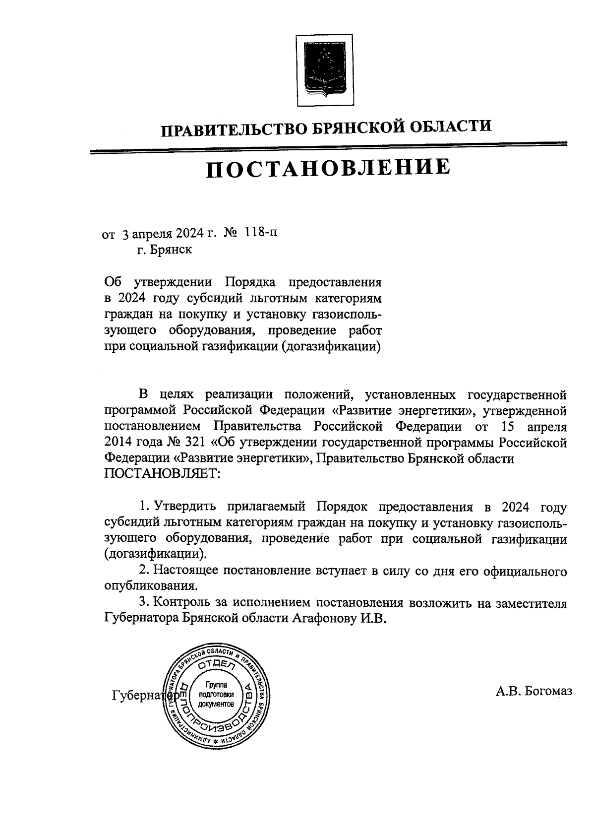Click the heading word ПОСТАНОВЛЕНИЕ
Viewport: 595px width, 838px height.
[x=328, y=168]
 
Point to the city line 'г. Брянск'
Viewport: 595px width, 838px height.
[x=165, y=250]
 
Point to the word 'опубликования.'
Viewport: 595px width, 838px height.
[x=151, y=586]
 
